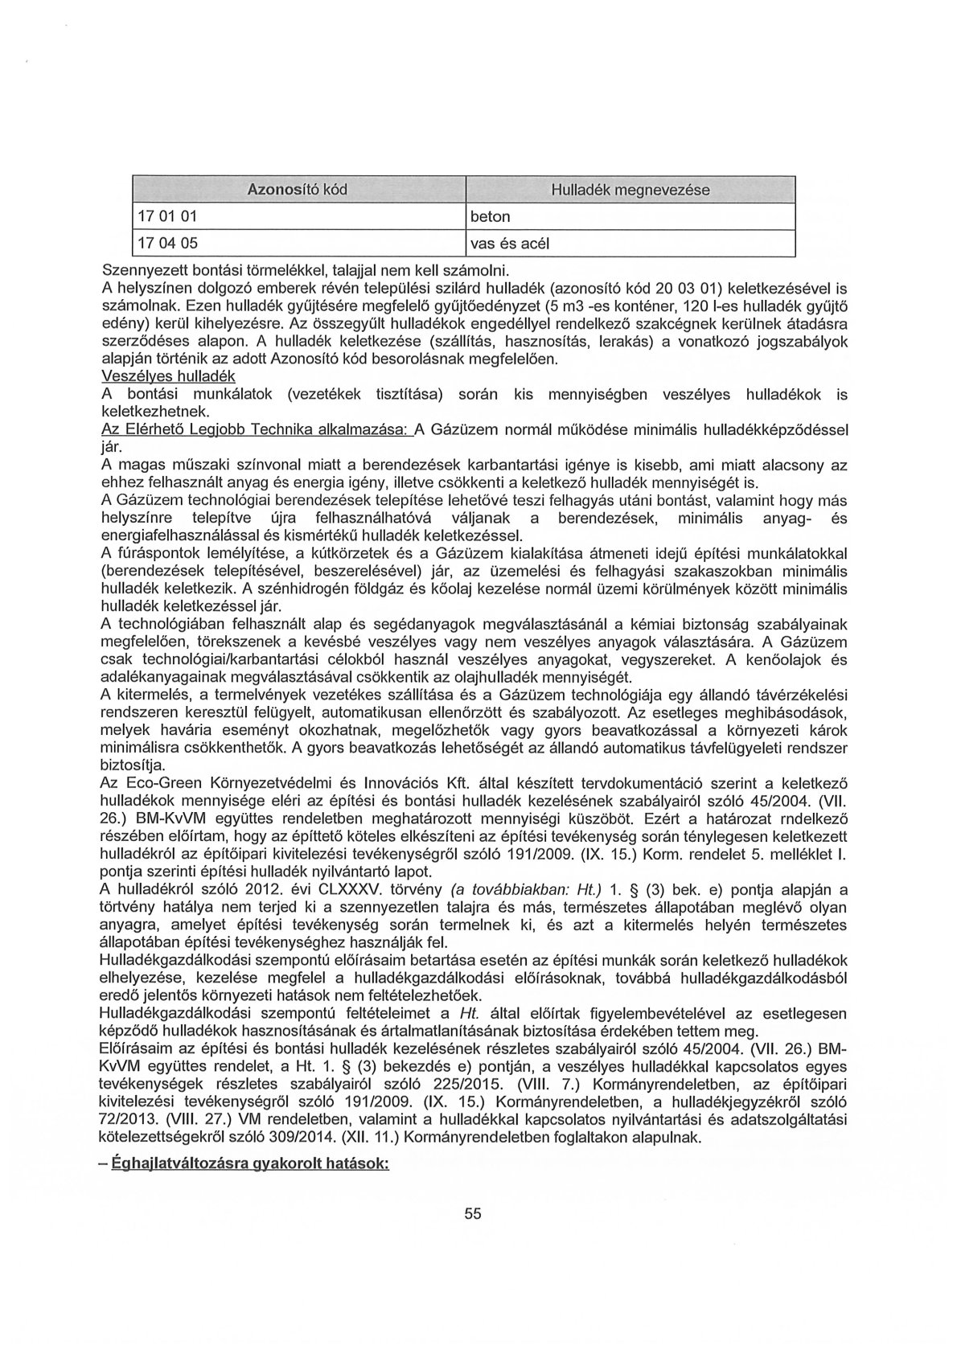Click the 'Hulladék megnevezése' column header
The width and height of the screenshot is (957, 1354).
[630, 191]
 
